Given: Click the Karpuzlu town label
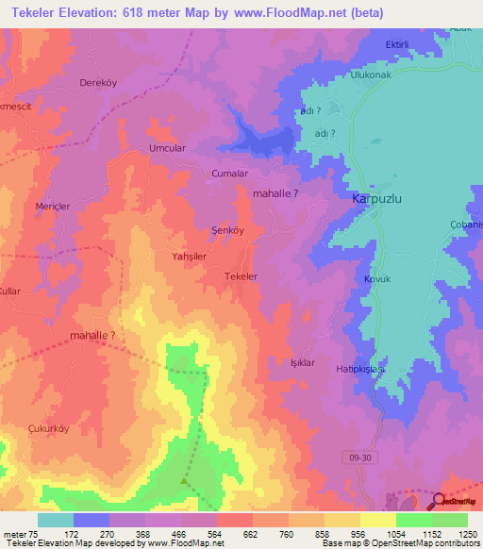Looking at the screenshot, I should coord(377,200).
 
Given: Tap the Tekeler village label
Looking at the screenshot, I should coord(241,276).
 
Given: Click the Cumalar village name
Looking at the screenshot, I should coord(230,175).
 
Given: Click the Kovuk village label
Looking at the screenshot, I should coord(377,280).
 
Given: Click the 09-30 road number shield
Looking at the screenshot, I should coord(353,456).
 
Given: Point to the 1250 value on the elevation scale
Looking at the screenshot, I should coord(468,535).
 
